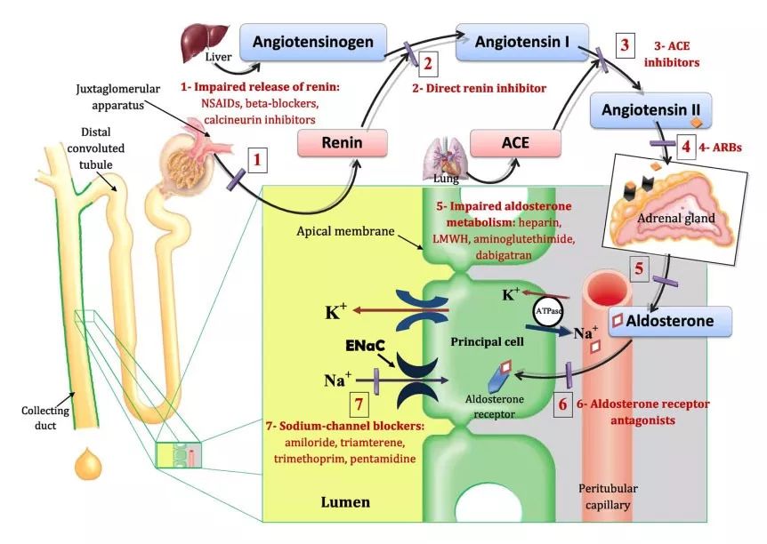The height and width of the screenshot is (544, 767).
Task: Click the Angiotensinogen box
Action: point(318,40)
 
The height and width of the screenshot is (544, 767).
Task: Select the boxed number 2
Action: point(428,63)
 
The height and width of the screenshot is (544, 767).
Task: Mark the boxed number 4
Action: point(687,145)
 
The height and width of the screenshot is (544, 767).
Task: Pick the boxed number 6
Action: point(561,403)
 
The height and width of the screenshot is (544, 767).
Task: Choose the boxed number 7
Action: point(359,403)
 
